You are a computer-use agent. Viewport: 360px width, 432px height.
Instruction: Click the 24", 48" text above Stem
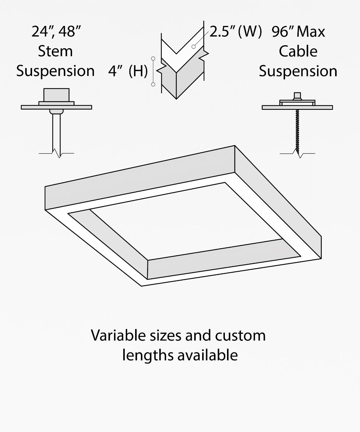point(56,32)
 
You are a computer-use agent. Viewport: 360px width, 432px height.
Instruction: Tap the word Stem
point(55,51)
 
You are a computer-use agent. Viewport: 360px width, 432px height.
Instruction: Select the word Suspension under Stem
point(55,71)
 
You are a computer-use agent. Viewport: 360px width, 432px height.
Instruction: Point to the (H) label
point(138,71)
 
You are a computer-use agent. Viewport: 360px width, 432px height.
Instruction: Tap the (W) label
point(250,32)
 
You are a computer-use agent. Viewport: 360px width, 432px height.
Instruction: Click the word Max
point(311,32)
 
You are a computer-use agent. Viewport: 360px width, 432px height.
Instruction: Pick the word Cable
point(298,51)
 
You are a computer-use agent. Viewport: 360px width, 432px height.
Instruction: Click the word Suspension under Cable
point(298,71)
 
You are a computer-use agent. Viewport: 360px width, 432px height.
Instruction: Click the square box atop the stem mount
point(56,95)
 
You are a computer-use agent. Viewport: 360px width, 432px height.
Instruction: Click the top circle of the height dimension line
point(153,58)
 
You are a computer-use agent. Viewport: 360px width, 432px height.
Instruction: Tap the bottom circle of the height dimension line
point(153,84)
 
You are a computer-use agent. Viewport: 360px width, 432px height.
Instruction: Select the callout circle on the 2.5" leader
point(194,47)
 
